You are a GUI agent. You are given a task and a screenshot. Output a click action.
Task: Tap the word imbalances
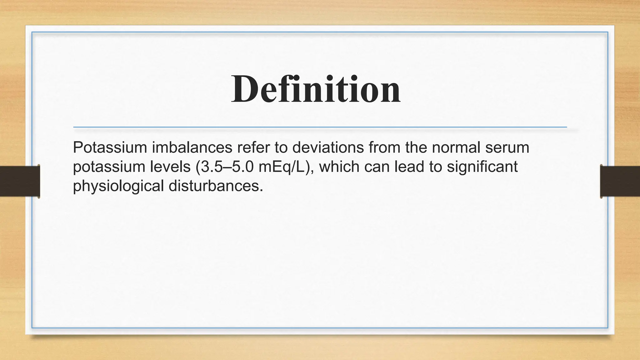pyautogui.click(x=192, y=147)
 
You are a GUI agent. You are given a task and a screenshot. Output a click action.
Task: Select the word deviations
pyautogui.click(x=328, y=147)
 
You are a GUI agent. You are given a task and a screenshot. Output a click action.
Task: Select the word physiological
pyautogui.click(x=118, y=186)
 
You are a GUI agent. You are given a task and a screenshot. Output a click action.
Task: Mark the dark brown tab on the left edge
pyautogui.click(x=20, y=181)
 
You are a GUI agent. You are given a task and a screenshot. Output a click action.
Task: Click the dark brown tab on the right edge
pyautogui.click(x=620, y=181)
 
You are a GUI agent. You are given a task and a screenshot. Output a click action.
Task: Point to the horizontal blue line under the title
pyautogui.click(x=320, y=127)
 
